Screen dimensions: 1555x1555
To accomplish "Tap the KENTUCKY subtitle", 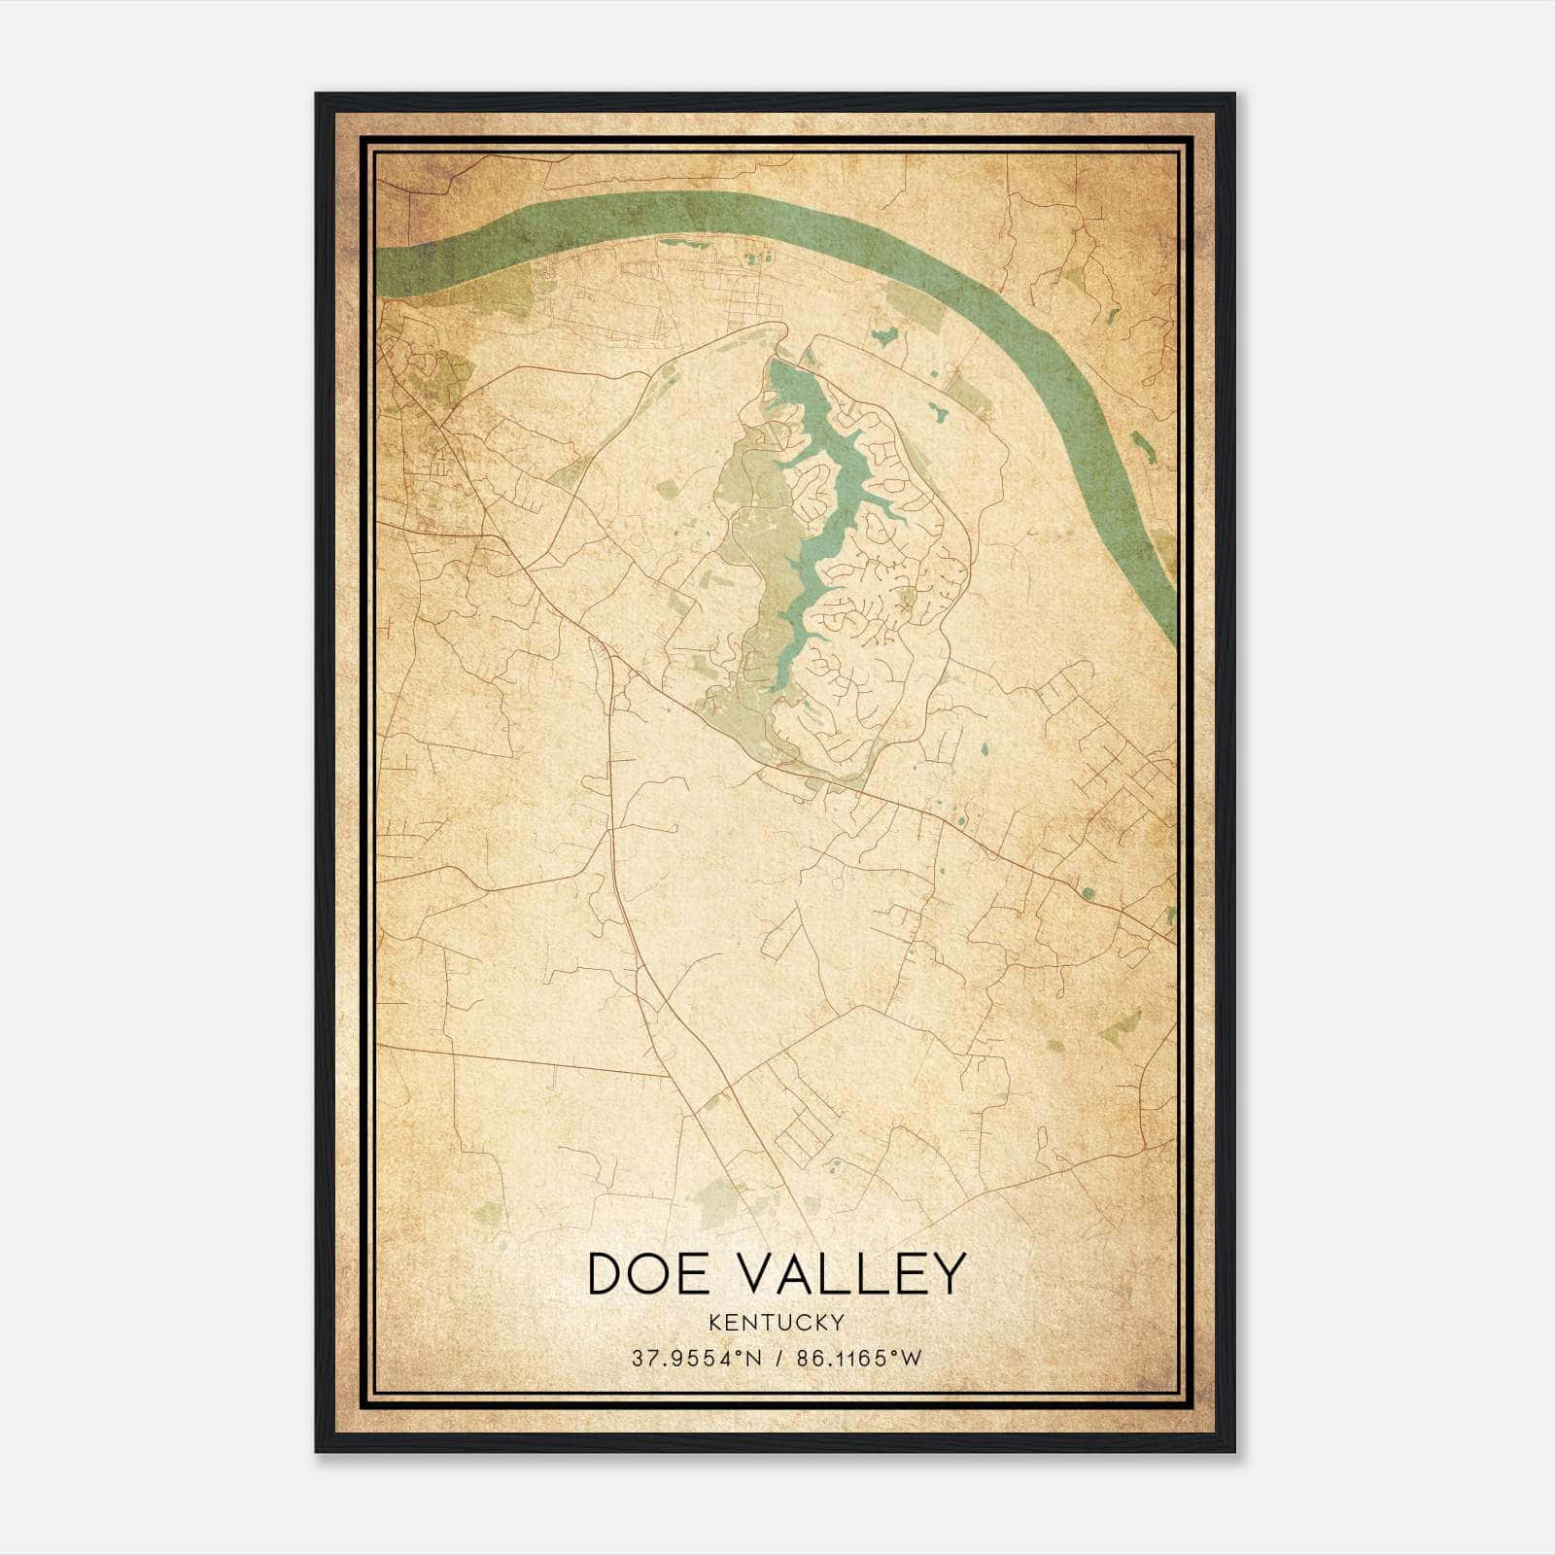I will click(x=777, y=1323).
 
